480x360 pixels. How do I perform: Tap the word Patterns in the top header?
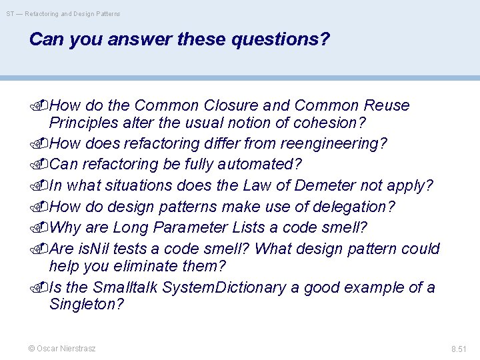coord(107,13)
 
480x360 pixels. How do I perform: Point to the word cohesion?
coord(331,123)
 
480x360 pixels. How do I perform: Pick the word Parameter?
coord(191,227)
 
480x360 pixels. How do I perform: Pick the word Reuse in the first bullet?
coord(387,105)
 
